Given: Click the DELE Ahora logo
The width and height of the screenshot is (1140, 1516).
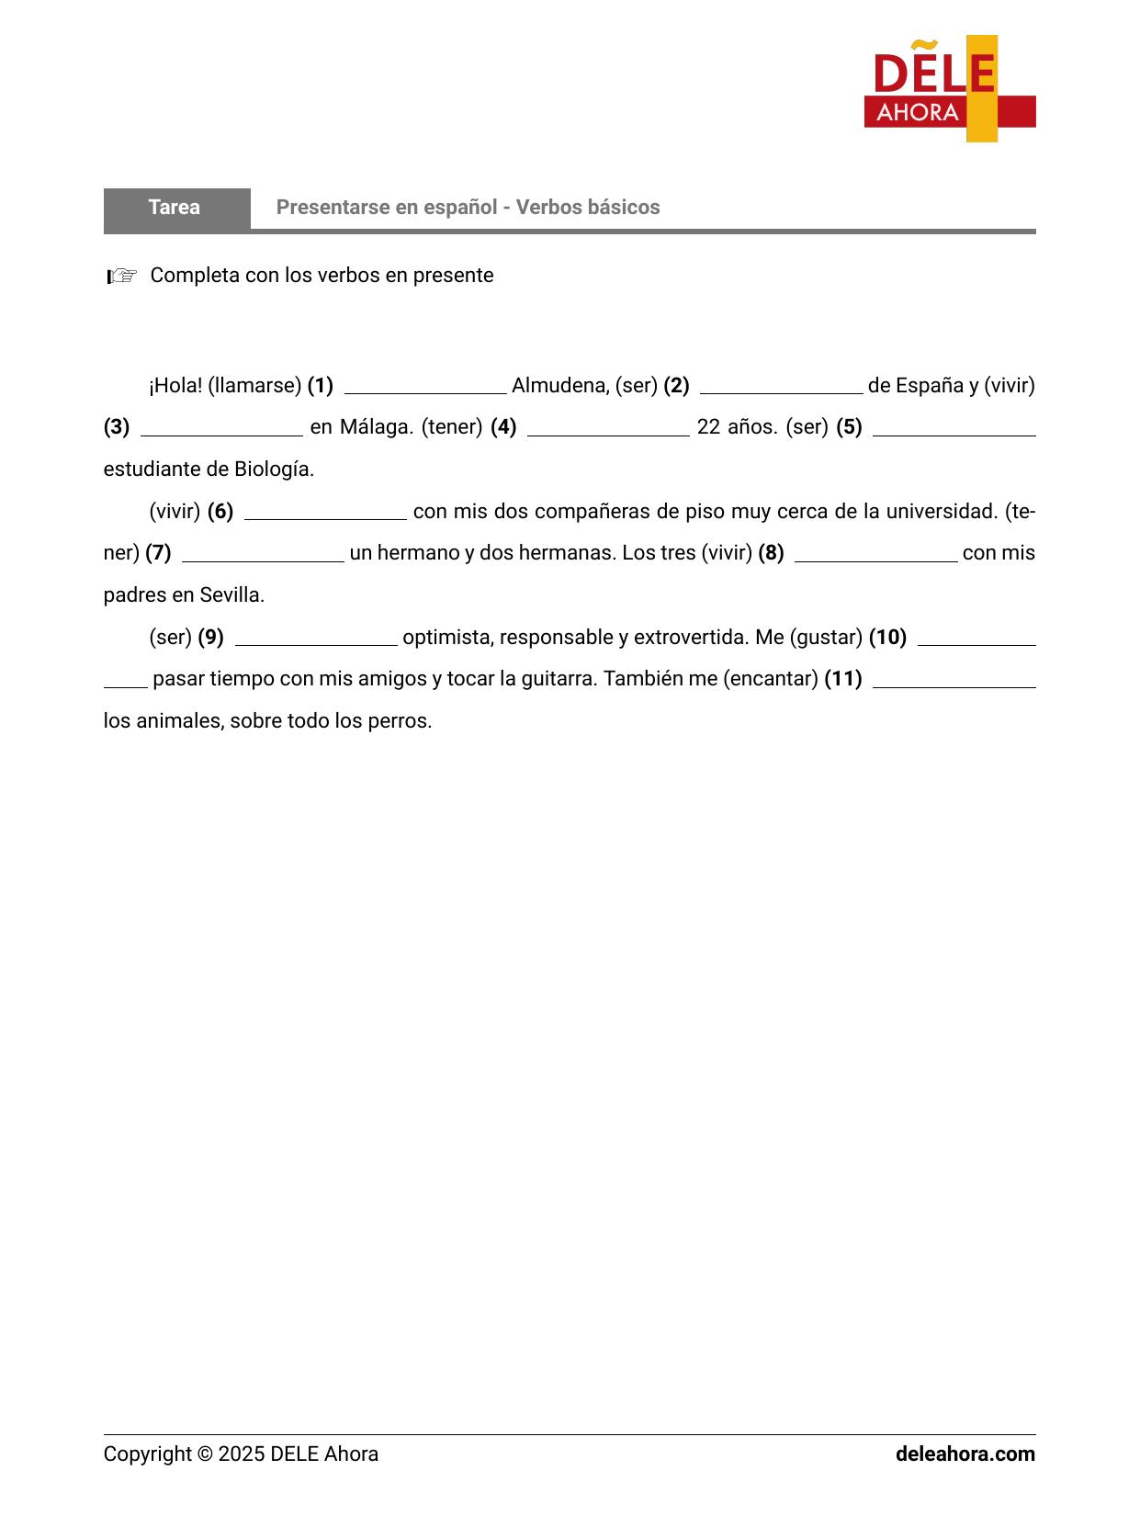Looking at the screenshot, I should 949,89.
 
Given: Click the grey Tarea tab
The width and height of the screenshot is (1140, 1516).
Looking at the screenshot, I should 175,208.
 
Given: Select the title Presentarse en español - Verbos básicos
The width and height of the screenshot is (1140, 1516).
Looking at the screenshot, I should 468,208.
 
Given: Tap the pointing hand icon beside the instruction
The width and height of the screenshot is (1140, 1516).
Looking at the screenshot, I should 122,276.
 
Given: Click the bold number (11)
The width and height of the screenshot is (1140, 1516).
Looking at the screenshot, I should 843,679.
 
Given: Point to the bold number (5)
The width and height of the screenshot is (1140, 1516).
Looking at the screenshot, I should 849,427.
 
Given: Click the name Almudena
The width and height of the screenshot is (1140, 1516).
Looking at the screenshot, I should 558,386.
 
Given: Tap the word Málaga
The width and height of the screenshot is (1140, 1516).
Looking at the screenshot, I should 375,427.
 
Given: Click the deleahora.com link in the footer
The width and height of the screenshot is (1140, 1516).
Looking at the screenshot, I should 965,1454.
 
